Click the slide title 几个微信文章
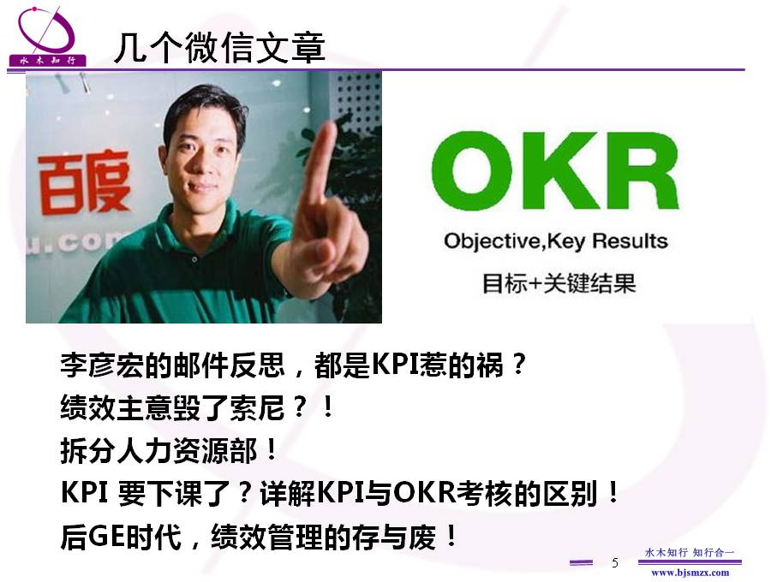tap(219, 48)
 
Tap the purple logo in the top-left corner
tap(47, 36)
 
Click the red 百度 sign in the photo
tap(83, 182)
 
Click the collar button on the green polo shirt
tap(194, 258)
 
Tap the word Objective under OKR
tap(492, 241)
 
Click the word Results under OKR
tap(630, 241)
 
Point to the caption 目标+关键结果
tap(559, 283)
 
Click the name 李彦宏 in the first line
tap(103, 365)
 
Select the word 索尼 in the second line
tap(257, 407)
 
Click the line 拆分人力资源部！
tap(169, 450)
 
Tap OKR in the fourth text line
tap(424, 493)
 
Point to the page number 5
tap(615, 562)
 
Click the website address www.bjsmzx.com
tap(690, 573)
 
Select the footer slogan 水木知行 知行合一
tap(690, 552)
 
